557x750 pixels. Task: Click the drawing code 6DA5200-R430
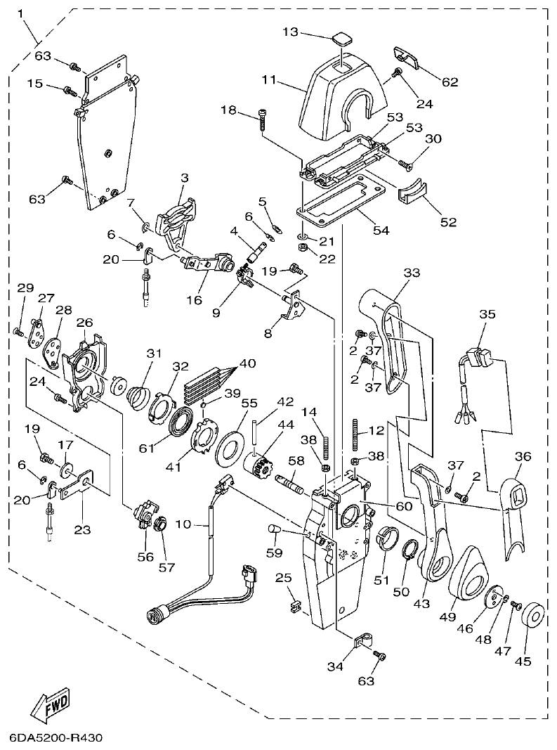pyautogui.click(x=56, y=738)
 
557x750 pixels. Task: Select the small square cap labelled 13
pyautogui.click(x=342, y=37)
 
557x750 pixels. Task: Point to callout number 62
pyautogui.click(x=450, y=82)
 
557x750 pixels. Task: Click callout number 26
pyautogui.click(x=85, y=323)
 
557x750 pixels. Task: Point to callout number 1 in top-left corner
pyautogui.click(x=20, y=13)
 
